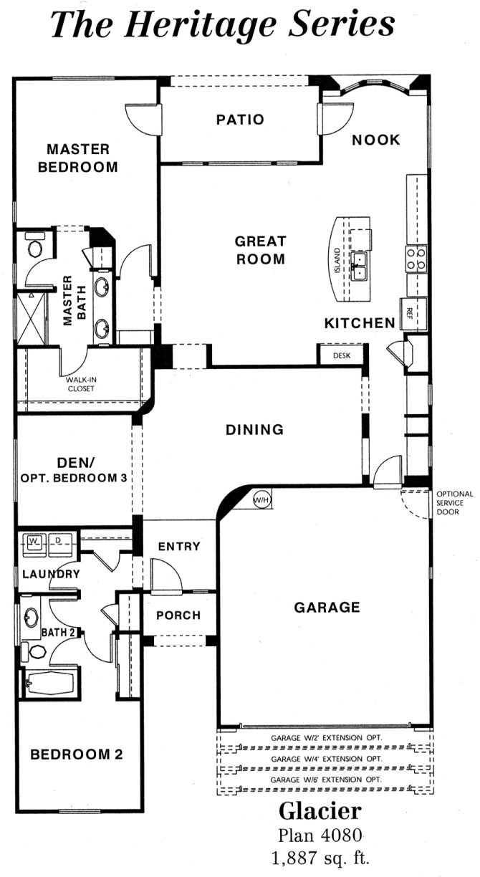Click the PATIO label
[241, 120]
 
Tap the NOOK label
[376, 140]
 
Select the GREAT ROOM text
[260, 250]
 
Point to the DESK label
[342, 356]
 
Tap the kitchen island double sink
[358, 267]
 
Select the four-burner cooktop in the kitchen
[416, 259]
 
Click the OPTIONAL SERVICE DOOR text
[454, 503]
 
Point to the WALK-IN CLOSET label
[81, 384]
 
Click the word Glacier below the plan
[320, 811]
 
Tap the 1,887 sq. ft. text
[320, 858]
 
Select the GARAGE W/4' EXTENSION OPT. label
[326, 759]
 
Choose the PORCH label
[178, 615]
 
